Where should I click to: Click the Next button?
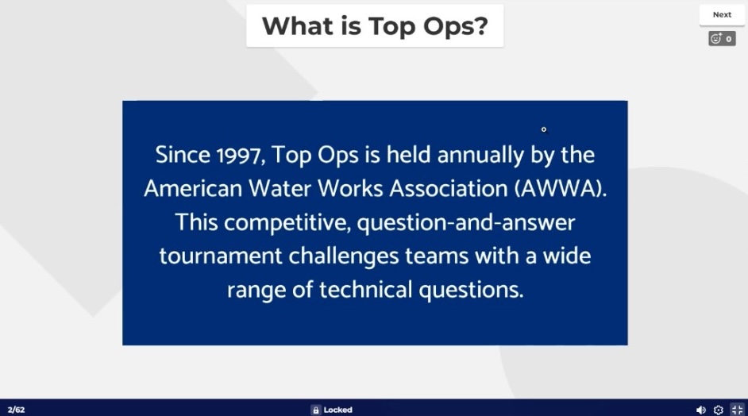pos(722,15)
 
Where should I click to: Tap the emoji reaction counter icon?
pos(722,39)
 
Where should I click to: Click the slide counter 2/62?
pos(16,410)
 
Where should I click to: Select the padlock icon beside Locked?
pos(315,410)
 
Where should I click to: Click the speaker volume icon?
pos(701,410)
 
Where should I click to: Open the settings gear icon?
pos(719,410)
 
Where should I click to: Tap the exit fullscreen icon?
pos(737,410)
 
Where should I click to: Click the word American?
pos(193,188)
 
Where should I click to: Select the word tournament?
pos(221,256)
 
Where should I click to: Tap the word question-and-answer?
pos(466,223)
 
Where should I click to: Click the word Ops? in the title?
pos(456,26)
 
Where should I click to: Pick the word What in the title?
pos(297,25)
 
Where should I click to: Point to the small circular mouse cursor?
pos(544,129)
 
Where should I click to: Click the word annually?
pos(480,156)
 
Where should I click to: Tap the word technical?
pos(365,290)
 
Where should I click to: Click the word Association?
pos(449,188)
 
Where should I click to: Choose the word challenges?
pos(344,256)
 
